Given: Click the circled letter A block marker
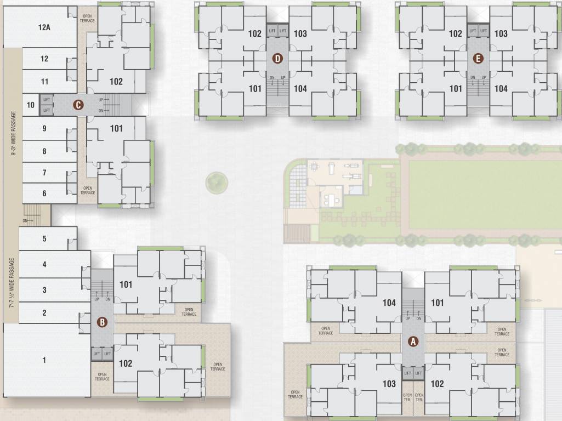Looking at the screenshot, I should click(x=413, y=341).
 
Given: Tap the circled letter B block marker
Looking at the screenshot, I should click(x=102, y=322).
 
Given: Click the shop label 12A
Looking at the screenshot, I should click(x=44, y=27).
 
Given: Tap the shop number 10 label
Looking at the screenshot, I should click(x=30, y=105).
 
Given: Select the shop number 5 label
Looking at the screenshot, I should click(x=44, y=239).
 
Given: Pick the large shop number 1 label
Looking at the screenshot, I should click(x=44, y=360).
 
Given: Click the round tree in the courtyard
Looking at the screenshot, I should click(x=216, y=182).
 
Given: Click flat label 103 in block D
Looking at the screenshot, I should click(x=300, y=34).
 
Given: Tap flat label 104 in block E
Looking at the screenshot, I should click(x=501, y=88).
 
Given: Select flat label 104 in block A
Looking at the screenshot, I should click(x=389, y=303).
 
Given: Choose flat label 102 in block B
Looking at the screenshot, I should click(x=126, y=363).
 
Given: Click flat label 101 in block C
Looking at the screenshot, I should click(x=116, y=129).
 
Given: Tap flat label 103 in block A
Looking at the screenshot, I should click(x=389, y=384).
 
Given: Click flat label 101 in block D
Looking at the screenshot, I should click(x=255, y=88).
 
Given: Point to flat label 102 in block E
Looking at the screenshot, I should click(x=456, y=34).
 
